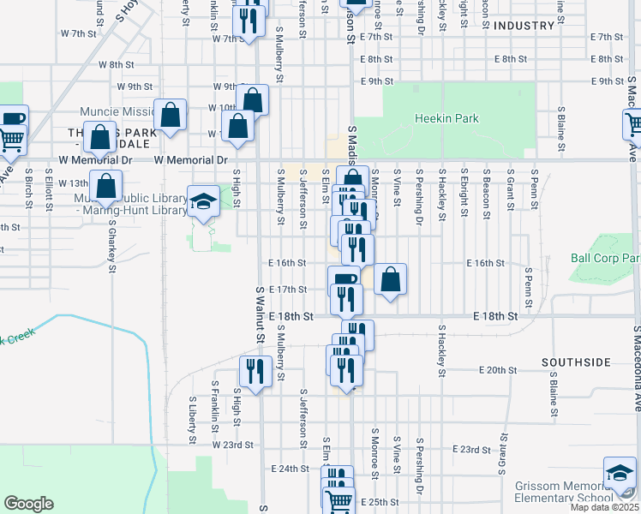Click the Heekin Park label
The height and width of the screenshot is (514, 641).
coord(446,118)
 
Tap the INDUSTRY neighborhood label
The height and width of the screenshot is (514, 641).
coord(524,26)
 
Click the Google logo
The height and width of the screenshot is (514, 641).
coord(28,504)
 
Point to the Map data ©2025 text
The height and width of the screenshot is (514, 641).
coord(604,507)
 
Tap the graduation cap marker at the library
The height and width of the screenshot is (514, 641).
coord(203,202)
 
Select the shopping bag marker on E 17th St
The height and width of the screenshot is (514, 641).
coord(390,279)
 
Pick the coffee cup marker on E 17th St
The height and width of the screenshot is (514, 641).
coord(344,279)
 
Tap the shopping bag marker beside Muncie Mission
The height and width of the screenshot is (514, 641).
coord(171,115)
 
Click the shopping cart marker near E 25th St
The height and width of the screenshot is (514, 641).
coord(339,500)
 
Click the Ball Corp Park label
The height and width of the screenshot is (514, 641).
coord(605,258)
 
